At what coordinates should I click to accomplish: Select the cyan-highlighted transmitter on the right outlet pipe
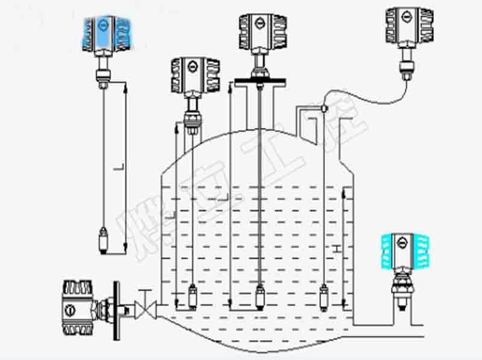tap(404, 251)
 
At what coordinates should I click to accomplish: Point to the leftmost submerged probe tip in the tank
tap(193, 296)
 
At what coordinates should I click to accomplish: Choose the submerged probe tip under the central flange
tap(260, 297)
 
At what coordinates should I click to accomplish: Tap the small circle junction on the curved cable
tap(324, 109)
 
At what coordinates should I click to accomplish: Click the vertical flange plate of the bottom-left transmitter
tap(114, 310)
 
